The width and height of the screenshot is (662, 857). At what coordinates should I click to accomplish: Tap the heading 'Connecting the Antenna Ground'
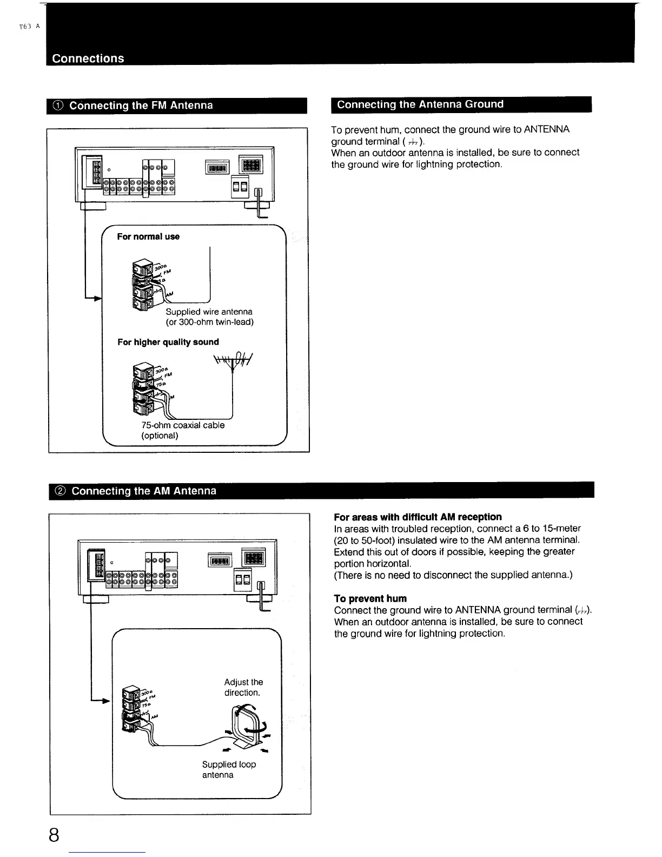tap(420, 104)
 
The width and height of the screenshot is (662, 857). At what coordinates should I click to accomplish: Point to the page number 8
tap(54, 835)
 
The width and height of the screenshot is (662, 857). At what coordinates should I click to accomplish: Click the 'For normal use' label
tap(148, 236)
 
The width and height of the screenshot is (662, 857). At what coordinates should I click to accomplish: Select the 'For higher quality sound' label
tap(168, 342)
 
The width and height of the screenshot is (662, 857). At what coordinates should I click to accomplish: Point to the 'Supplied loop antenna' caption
tap(229, 769)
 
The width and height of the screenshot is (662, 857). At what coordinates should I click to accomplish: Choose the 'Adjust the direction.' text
tap(243, 687)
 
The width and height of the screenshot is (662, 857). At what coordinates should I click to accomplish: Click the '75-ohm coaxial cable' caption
tap(183, 425)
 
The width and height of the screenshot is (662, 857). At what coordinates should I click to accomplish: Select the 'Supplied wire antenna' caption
tap(209, 312)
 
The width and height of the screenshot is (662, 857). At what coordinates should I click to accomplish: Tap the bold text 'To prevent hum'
tap(370, 598)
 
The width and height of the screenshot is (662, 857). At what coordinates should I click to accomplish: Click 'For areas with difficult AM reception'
tap(418, 517)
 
